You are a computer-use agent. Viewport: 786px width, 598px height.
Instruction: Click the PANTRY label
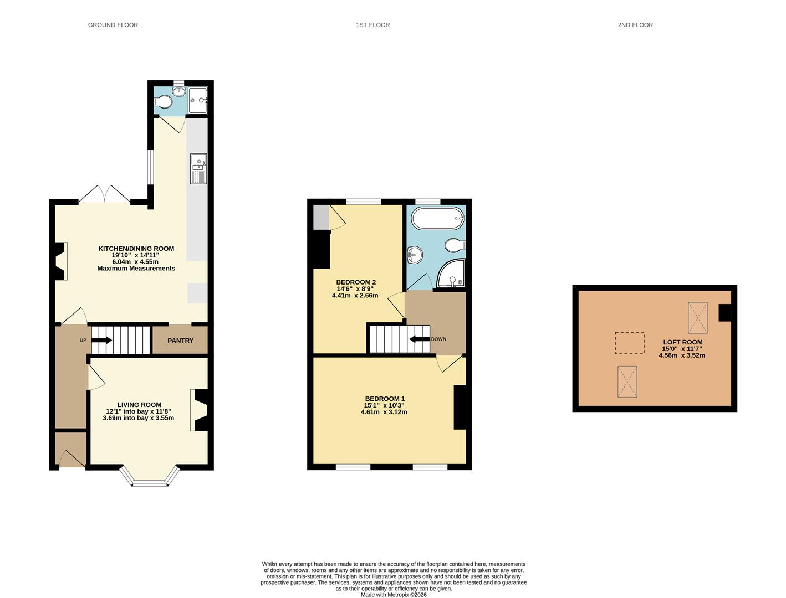[180, 341]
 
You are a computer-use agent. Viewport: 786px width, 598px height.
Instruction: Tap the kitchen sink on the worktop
[198, 168]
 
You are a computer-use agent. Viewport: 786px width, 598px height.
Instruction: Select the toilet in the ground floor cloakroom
[164, 102]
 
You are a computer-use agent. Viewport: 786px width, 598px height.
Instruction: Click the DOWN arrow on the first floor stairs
[419, 339]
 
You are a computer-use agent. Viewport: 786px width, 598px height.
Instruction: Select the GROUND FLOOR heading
[113, 25]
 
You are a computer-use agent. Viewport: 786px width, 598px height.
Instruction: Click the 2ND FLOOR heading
[635, 25]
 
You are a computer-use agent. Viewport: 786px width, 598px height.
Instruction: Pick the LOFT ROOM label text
[682, 342]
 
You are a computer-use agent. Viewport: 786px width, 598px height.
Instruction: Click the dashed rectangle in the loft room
[630, 343]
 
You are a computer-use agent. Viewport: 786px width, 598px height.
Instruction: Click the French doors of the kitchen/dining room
[104, 195]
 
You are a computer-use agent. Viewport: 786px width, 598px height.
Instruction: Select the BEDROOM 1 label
[385, 399]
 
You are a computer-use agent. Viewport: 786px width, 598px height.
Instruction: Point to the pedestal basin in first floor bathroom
[415, 255]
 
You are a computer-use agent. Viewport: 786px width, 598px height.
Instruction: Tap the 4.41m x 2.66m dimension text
[355, 295]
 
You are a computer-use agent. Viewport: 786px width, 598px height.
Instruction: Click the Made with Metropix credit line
[394, 595]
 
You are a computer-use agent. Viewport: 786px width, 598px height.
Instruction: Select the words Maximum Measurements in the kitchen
[136, 269]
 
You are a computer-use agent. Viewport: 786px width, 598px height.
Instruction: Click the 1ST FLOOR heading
[372, 25]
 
